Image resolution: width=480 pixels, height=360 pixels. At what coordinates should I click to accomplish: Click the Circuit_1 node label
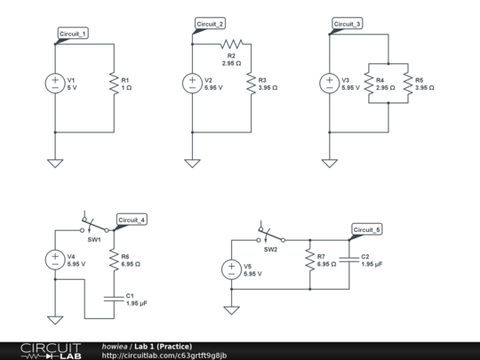pos(73,34)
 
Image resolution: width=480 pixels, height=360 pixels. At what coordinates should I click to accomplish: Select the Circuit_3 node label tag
pos(347,23)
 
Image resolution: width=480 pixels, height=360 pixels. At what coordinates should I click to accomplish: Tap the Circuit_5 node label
pos(366,229)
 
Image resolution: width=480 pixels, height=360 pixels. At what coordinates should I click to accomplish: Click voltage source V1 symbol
pos(55,84)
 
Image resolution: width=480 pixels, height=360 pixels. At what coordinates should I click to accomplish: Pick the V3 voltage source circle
pos(329,84)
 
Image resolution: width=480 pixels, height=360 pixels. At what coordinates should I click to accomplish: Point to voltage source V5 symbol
pos(231,270)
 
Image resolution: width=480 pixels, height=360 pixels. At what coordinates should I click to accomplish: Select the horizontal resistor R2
pos(231,44)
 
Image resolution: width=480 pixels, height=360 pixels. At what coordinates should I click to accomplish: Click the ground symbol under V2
pos(192,163)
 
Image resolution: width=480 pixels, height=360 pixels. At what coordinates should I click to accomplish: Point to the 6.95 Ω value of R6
pos(132,264)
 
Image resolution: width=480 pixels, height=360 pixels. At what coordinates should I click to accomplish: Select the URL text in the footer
pos(164,356)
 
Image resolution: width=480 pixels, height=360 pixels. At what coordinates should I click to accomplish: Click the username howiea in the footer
pos(115,346)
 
